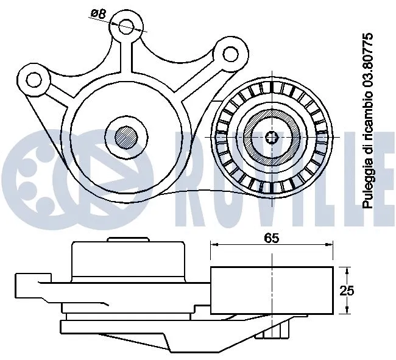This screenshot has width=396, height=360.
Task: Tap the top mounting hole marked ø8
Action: [x=126, y=26]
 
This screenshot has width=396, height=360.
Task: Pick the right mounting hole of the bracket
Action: [x=230, y=54]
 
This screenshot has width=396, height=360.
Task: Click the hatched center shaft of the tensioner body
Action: [x=126, y=136]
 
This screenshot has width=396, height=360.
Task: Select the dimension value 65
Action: [x=271, y=239]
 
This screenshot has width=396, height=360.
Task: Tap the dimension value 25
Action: [x=347, y=291]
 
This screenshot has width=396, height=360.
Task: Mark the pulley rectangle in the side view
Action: [x=271, y=291]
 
